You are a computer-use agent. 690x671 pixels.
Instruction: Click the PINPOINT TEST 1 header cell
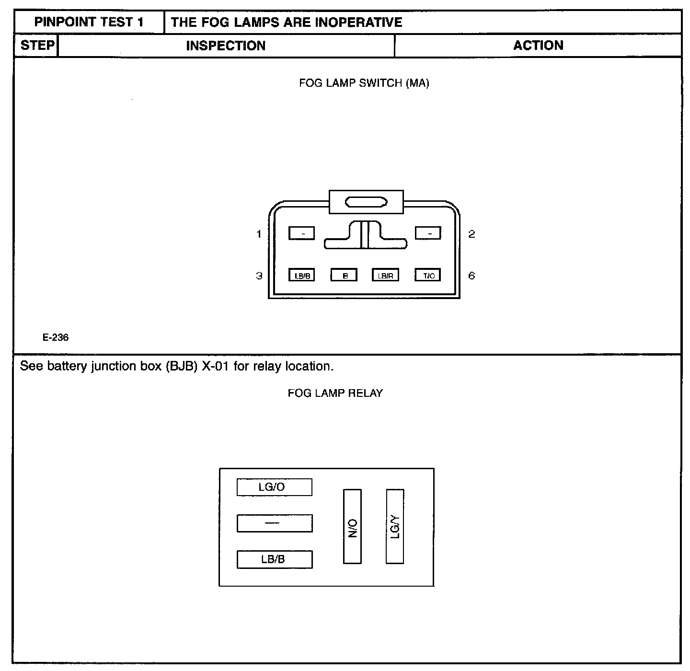coord(89,22)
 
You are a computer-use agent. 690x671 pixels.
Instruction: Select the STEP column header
coord(37,46)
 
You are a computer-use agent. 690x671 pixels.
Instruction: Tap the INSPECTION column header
coord(226,46)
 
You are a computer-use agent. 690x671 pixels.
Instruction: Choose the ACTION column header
coord(538,46)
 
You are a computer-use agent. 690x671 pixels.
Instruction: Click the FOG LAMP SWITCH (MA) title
coord(364,83)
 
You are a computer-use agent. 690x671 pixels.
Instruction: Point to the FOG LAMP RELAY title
coord(335,393)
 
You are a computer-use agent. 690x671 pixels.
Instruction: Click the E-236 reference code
coord(56,337)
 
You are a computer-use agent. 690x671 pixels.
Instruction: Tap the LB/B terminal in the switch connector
coord(302,275)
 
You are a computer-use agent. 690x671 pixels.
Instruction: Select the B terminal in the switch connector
coord(344,275)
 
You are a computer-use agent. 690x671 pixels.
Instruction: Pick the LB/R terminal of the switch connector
coord(386,275)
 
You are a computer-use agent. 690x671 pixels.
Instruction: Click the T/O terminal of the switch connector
coord(428,275)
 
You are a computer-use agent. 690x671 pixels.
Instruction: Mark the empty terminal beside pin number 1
coord(302,233)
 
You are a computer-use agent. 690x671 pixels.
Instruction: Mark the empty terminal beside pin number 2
coord(428,233)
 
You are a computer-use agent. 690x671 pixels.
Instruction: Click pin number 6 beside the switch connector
coord(471,276)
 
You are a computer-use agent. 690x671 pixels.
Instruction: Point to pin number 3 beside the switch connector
coord(259,276)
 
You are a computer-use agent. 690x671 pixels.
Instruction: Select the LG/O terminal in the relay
coord(275,487)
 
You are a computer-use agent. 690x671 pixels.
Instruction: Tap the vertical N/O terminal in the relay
coord(352,526)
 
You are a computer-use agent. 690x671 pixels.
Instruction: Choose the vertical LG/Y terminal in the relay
coord(395,526)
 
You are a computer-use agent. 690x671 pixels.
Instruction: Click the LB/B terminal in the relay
coord(275,559)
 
